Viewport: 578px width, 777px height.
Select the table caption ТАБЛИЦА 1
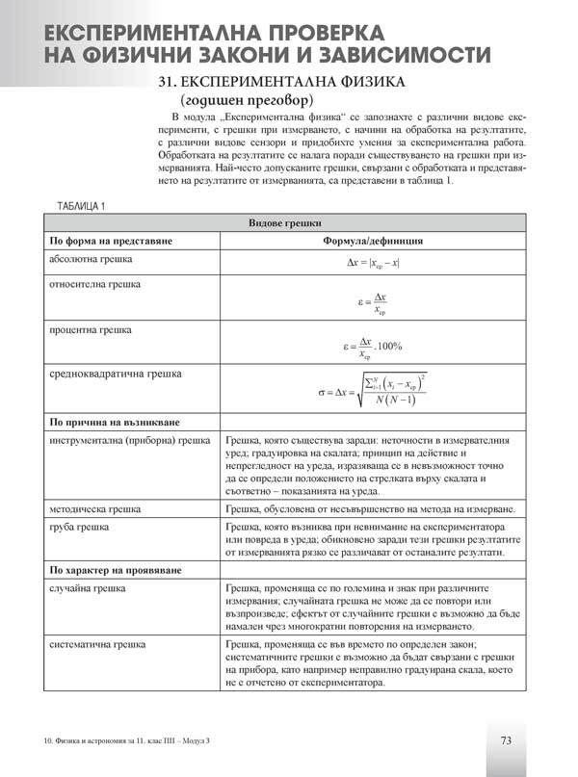[82, 206]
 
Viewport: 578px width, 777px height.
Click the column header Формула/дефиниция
[373, 241]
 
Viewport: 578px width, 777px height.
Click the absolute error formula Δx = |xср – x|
[373, 263]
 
